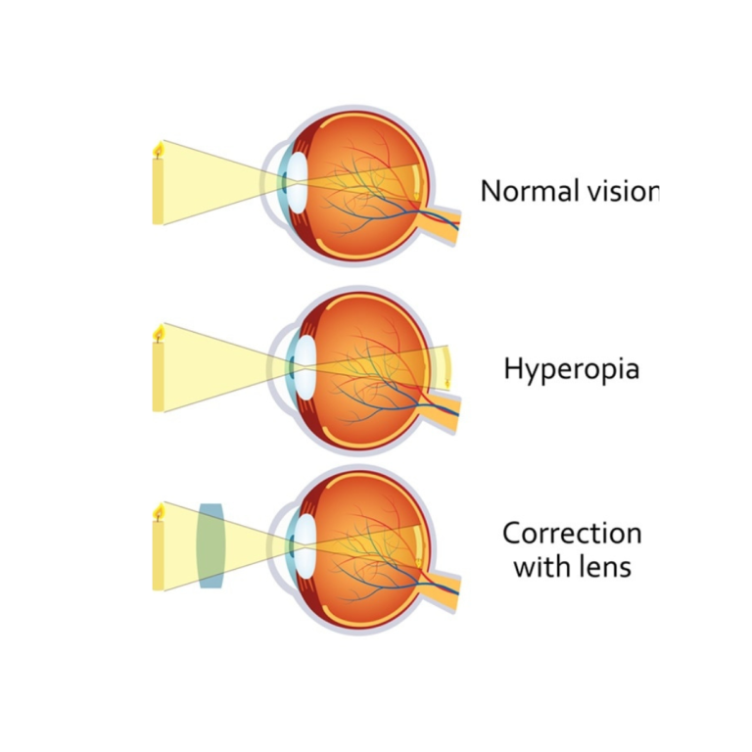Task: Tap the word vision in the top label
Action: click(x=617, y=191)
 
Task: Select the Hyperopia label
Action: click(x=572, y=369)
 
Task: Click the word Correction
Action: click(x=572, y=534)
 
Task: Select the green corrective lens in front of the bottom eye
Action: click(x=211, y=545)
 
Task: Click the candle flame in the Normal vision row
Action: click(x=158, y=150)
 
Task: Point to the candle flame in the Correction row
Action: click(x=158, y=512)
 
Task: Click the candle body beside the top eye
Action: click(x=158, y=192)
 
